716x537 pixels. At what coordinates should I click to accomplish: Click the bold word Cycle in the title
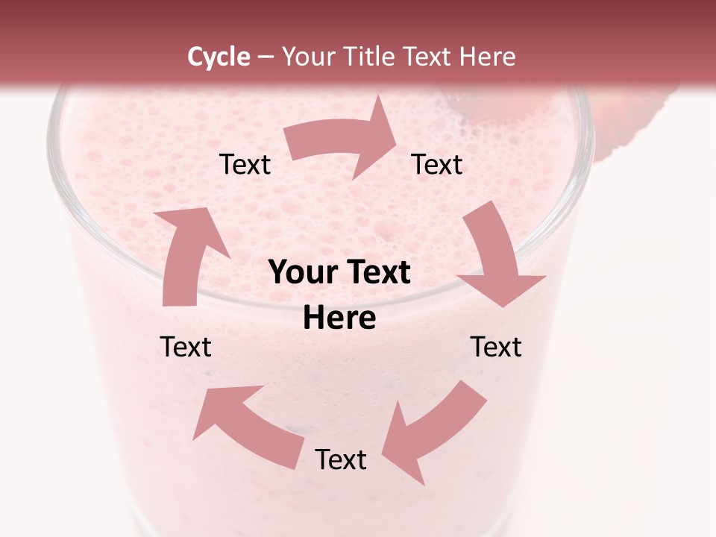(x=219, y=57)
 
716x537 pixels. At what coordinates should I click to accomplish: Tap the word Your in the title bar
(x=309, y=57)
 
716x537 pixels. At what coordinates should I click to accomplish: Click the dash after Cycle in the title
(x=266, y=57)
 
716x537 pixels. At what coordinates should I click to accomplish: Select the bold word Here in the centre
(x=339, y=318)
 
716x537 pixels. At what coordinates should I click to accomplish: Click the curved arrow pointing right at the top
(x=343, y=139)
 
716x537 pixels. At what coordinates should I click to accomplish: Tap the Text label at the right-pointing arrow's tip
(x=437, y=164)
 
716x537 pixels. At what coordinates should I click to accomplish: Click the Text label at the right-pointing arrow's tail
(x=245, y=164)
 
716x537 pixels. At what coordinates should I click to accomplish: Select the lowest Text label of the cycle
(x=341, y=459)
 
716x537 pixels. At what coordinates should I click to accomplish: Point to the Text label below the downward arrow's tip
(x=496, y=347)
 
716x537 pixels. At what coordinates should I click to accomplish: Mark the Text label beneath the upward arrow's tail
(x=186, y=347)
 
